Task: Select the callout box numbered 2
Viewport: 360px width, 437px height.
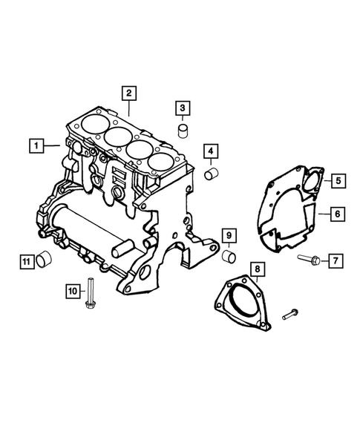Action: [128, 93]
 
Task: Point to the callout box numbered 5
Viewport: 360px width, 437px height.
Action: [211, 154]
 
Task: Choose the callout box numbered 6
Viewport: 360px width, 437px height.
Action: [336, 180]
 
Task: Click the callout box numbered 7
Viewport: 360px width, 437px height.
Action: [336, 214]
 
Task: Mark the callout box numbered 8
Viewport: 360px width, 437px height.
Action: [336, 260]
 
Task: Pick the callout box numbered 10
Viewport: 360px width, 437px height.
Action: [256, 268]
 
